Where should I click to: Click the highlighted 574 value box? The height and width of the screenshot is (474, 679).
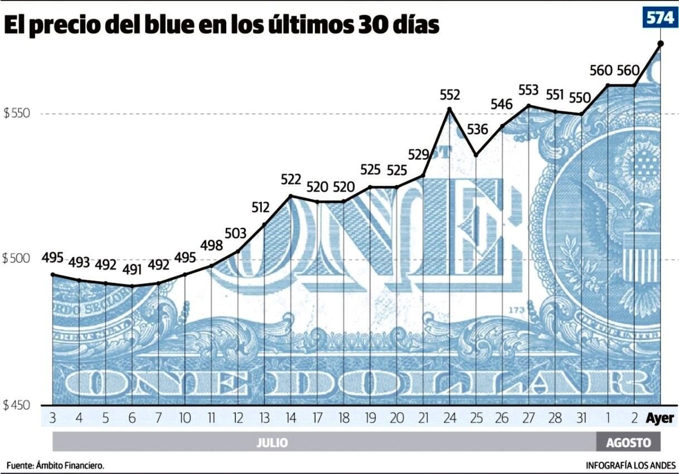pyautogui.click(x=659, y=18)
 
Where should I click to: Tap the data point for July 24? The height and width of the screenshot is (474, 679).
pyautogui.click(x=449, y=109)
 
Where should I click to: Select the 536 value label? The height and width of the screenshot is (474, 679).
pyautogui.click(x=477, y=130)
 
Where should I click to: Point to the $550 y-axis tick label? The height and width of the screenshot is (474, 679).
pyautogui.click(x=16, y=114)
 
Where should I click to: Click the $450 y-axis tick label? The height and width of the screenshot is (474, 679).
pyautogui.click(x=16, y=405)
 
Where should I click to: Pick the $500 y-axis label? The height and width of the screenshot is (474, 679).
pyautogui.click(x=16, y=260)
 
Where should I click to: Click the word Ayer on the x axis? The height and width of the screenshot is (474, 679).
pyautogui.click(x=660, y=418)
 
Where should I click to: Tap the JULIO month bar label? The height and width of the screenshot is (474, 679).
pyautogui.click(x=272, y=443)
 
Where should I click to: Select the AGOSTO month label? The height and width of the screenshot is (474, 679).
pyautogui.click(x=628, y=443)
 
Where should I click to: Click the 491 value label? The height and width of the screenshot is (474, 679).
pyautogui.click(x=132, y=270)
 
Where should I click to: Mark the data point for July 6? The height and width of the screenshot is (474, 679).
pyautogui.click(x=132, y=286)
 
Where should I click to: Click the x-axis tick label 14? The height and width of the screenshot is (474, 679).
pyautogui.click(x=290, y=418)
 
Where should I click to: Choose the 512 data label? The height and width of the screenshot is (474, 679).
pyautogui.click(x=260, y=208)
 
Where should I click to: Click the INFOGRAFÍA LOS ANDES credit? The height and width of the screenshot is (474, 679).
pyautogui.click(x=630, y=465)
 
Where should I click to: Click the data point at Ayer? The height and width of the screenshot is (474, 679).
pyautogui.click(x=661, y=43)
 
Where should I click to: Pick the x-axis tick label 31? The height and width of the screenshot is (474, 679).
pyautogui.click(x=581, y=418)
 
